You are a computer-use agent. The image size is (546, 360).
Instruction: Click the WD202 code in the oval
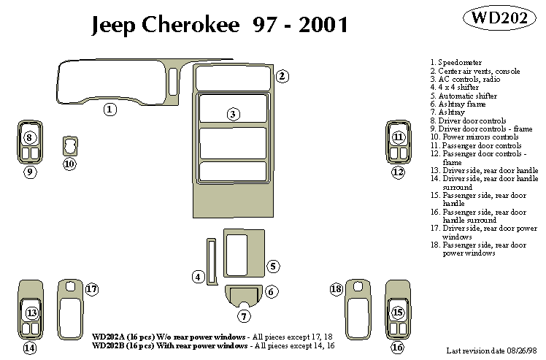[496, 18]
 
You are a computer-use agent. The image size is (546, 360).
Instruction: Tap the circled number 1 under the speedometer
[109, 110]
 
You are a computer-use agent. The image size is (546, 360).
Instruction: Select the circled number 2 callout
[282, 76]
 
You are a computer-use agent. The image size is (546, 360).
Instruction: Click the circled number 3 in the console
[232, 114]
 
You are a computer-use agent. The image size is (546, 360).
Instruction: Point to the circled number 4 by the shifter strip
[198, 276]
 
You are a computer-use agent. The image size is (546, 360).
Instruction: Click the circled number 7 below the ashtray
[244, 315]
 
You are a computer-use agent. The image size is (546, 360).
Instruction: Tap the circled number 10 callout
[69, 164]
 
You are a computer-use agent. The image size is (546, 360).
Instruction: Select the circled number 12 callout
[398, 172]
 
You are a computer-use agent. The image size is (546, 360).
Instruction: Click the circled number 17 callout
[91, 289]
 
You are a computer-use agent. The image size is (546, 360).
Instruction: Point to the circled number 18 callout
[336, 289]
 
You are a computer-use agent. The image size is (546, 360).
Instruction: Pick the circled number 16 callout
[398, 348]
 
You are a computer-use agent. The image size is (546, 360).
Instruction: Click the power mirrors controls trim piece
[69, 145]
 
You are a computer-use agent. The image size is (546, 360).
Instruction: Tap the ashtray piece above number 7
[244, 296]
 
